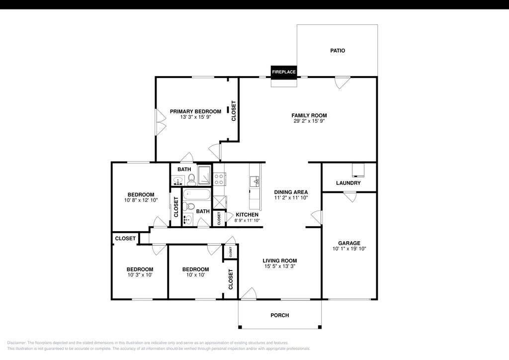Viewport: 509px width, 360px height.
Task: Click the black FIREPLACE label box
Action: coord(284,72)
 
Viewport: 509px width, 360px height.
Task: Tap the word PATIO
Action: coord(338,51)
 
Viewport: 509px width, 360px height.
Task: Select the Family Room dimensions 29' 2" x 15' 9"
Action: coord(309,121)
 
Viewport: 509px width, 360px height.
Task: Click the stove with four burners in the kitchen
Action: coord(219,179)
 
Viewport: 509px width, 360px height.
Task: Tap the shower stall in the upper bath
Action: coord(204,175)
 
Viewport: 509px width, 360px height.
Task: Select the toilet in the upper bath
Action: coord(191,180)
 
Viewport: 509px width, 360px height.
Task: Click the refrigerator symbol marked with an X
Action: coord(219,202)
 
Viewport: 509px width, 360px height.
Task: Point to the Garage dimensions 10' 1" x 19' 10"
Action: coord(349,249)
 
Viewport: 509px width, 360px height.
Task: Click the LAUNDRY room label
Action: coord(348,183)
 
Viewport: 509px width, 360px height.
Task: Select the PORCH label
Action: coord(279,315)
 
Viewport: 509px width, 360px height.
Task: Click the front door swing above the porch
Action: coord(249,294)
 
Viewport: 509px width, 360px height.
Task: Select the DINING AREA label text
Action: coord(291,192)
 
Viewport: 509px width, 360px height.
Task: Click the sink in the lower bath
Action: coord(187,219)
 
